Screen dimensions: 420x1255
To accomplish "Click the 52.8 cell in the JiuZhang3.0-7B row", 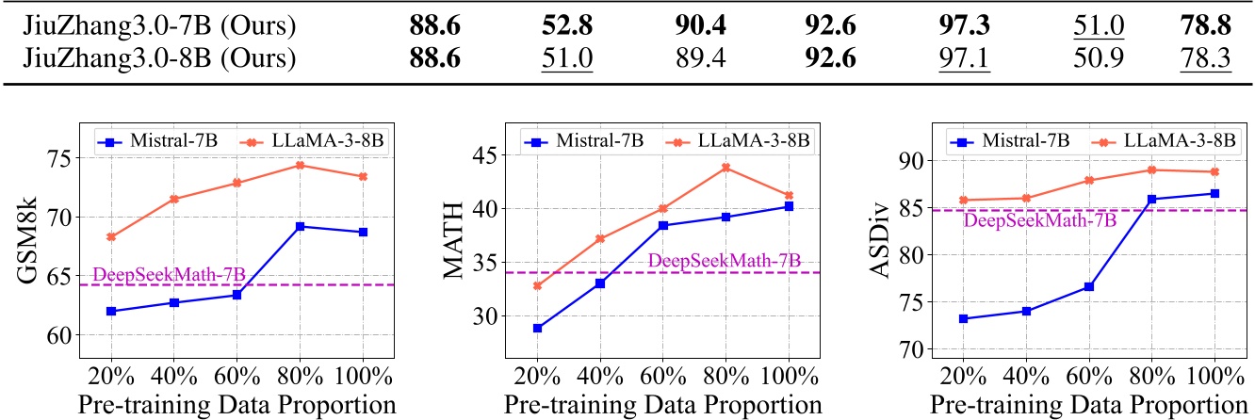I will [566, 25].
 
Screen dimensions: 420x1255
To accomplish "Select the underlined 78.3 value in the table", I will [1205, 57].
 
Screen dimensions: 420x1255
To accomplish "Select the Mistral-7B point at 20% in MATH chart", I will [537, 329].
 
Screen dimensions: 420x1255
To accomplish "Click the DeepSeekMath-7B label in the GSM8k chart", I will [170, 273].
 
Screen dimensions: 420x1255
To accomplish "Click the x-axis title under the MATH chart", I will [662, 405].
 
